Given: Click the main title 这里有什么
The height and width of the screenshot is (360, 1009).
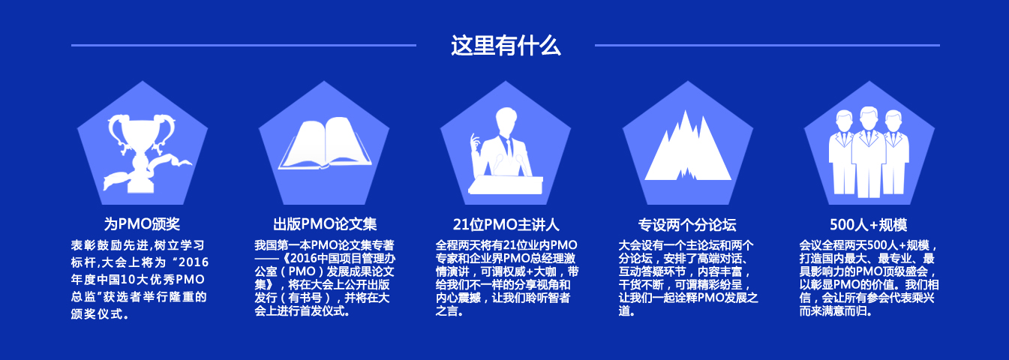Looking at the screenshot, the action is pyautogui.click(x=506, y=46).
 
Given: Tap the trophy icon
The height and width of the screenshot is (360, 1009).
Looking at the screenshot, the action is pyautogui.click(x=143, y=153).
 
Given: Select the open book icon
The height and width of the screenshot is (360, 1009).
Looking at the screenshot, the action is pyautogui.click(x=324, y=143).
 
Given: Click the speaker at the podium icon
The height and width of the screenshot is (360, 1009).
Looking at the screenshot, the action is pyautogui.click(x=506, y=151).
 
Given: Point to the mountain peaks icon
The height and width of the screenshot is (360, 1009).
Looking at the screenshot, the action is pyautogui.click(x=688, y=146).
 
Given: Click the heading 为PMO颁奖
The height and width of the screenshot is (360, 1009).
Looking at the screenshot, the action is pyautogui.click(x=142, y=224).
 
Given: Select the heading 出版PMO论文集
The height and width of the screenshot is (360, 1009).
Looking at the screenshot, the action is pyautogui.click(x=324, y=224).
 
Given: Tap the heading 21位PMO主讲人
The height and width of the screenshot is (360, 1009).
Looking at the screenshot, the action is pyautogui.click(x=506, y=224).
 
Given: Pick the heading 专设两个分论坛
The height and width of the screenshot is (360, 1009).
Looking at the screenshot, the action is pyautogui.click(x=687, y=224).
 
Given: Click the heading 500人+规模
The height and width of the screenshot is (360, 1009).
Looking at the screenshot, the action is pyautogui.click(x=869, y=224).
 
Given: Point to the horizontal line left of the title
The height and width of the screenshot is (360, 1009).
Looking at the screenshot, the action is pyautogui.click(x=244, y=45).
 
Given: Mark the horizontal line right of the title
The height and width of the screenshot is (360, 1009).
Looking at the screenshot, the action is pyautogui.click(x=767, y=45).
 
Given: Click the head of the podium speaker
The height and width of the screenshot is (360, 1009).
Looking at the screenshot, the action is pyautogui.click(x=506, y=120).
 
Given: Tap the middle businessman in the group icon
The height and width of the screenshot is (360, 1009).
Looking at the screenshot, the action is pyautogui.click(x=869, y=153).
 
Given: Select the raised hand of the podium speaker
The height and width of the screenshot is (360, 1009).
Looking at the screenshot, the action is pyautogui.click(x=475, y=144).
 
